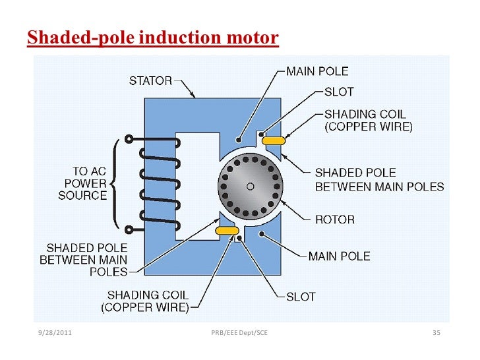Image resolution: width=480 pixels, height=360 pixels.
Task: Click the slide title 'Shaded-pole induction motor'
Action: point(152,38)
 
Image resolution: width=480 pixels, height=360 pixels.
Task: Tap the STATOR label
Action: point(150,82)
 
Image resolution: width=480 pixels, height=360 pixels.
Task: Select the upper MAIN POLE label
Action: point(317,71)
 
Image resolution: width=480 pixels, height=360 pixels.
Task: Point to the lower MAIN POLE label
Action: point(340,256)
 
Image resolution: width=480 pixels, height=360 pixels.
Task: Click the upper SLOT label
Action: point(339,92)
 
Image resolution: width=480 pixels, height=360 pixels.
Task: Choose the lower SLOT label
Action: point(301,297)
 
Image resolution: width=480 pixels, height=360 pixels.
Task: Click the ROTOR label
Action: point(335,220)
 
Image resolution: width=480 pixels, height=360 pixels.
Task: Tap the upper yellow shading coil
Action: point(273,140)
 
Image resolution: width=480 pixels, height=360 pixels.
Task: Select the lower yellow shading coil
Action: point(227,230)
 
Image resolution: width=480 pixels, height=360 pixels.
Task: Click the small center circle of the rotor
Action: point(250,187)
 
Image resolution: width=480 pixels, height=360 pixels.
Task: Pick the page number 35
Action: point(436,332)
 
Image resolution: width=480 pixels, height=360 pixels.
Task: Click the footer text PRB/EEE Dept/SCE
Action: point(239,332)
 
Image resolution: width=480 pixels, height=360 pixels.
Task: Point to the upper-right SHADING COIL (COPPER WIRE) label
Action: point(368,120)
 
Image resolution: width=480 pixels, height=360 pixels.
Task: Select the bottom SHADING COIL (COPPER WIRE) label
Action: point(145,301)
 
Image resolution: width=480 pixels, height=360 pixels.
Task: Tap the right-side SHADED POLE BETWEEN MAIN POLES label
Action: point(379,179)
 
